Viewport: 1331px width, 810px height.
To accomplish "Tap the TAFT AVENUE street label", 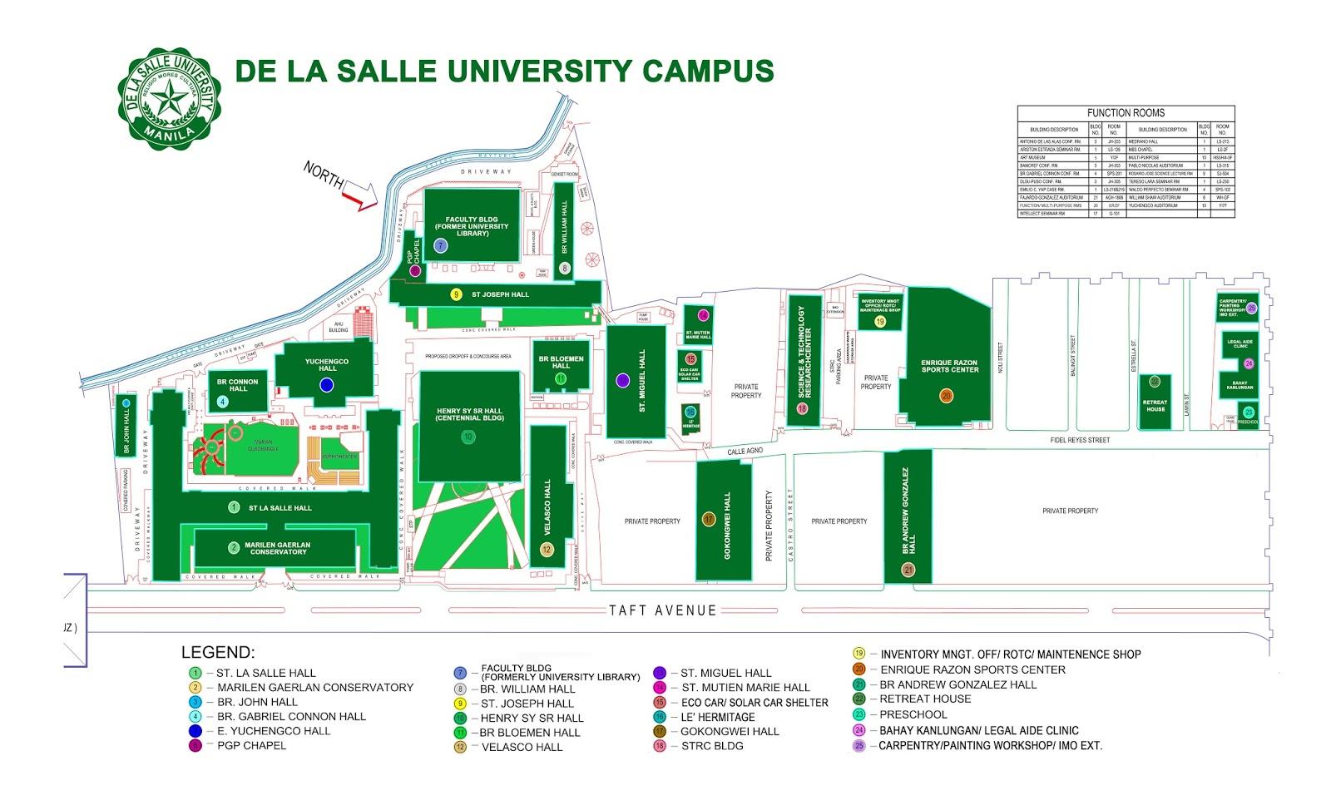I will click(662, 610).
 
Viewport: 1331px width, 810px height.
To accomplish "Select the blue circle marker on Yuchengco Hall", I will click(326, 384).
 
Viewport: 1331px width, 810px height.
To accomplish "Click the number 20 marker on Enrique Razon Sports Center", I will click(946, 396).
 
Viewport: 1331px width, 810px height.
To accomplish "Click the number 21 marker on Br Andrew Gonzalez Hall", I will click(908, 570).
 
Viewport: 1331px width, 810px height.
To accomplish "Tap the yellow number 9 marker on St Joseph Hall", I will click(456, 294).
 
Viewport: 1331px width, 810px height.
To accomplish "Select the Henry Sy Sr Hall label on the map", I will click(469, 414).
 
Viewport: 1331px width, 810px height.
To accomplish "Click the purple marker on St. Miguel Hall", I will click(622, 380).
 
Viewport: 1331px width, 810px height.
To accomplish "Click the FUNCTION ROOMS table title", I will click(1126, 113).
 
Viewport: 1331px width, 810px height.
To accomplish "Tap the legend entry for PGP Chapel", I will click(251, 745).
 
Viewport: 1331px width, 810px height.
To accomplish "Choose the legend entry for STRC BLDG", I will click(711, 745).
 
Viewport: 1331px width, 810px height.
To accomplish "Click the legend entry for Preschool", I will click(913, 714).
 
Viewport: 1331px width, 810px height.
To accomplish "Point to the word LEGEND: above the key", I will click(218, 653).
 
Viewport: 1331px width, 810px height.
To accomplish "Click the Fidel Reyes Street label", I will click(1079, 440).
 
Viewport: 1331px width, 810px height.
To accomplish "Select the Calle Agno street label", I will click(745, 451).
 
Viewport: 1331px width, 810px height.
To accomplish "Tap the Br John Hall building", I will click(126, 425).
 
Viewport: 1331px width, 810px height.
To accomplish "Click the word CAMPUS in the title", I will click(708, 71).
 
